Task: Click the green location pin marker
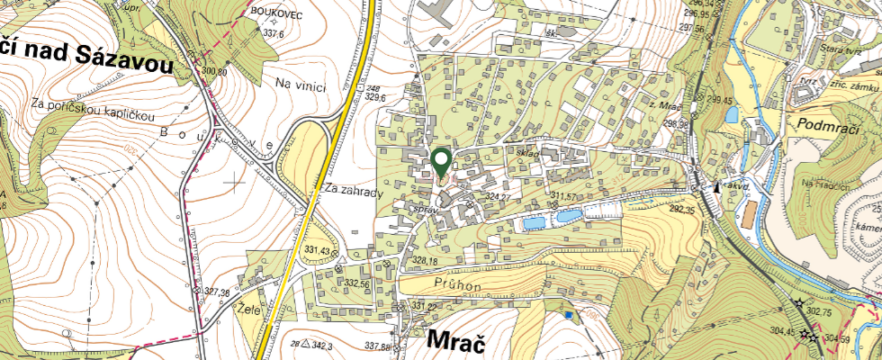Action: (x=441, y=162)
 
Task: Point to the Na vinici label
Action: (x=300, y=84)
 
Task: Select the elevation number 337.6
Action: (x=273, y=33)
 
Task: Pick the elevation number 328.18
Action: (x=424, y=260)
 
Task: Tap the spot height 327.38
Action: (x=218, y=292)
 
